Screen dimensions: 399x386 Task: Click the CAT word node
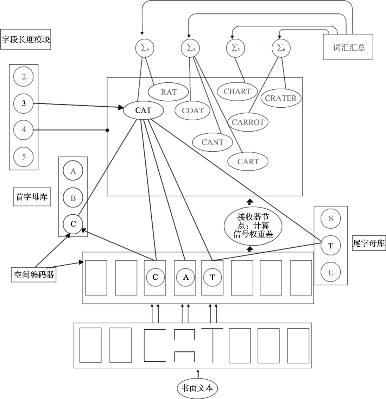pyautogui.click(x=144, y=110)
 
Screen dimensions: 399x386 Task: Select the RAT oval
pyautogui.click(x=169, y=92)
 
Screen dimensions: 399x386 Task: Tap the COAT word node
pyautogui.click(x=193, y=110)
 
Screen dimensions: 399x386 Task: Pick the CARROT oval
pyautogui.click(x=248, y=122)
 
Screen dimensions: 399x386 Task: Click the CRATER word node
pyautogui.click(x=281, y=98)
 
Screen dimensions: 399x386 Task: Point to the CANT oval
pyautogui.click(x=213, y=142)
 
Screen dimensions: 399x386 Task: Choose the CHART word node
pyautogui.click(x=237, y=91)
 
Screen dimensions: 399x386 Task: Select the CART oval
pyautogui.click(x=248, y=161)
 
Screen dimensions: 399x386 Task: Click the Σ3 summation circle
pyautogui.click(x=145, y=49)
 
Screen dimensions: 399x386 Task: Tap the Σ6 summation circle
pyautogui.click(x=281, y=49)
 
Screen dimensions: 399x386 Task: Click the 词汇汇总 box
pyautogui.click(x=348, y=47)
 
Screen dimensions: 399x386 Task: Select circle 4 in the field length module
pyautogui.click(x=24, y=129)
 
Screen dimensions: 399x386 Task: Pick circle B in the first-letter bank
pyautogui.click(x=73, y=198)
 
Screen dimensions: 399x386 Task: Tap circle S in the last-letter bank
pyautogui.click(x=331, y=218)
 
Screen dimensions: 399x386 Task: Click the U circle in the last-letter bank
pyautogui.click(x=331, y=272)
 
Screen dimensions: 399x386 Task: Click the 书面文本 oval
pyautogui.click(x=197, y=388)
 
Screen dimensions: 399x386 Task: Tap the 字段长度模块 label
pyautogui.click(x=26, y=39)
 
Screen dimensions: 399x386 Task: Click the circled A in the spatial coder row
pyautogui.click(x=186, y=277)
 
